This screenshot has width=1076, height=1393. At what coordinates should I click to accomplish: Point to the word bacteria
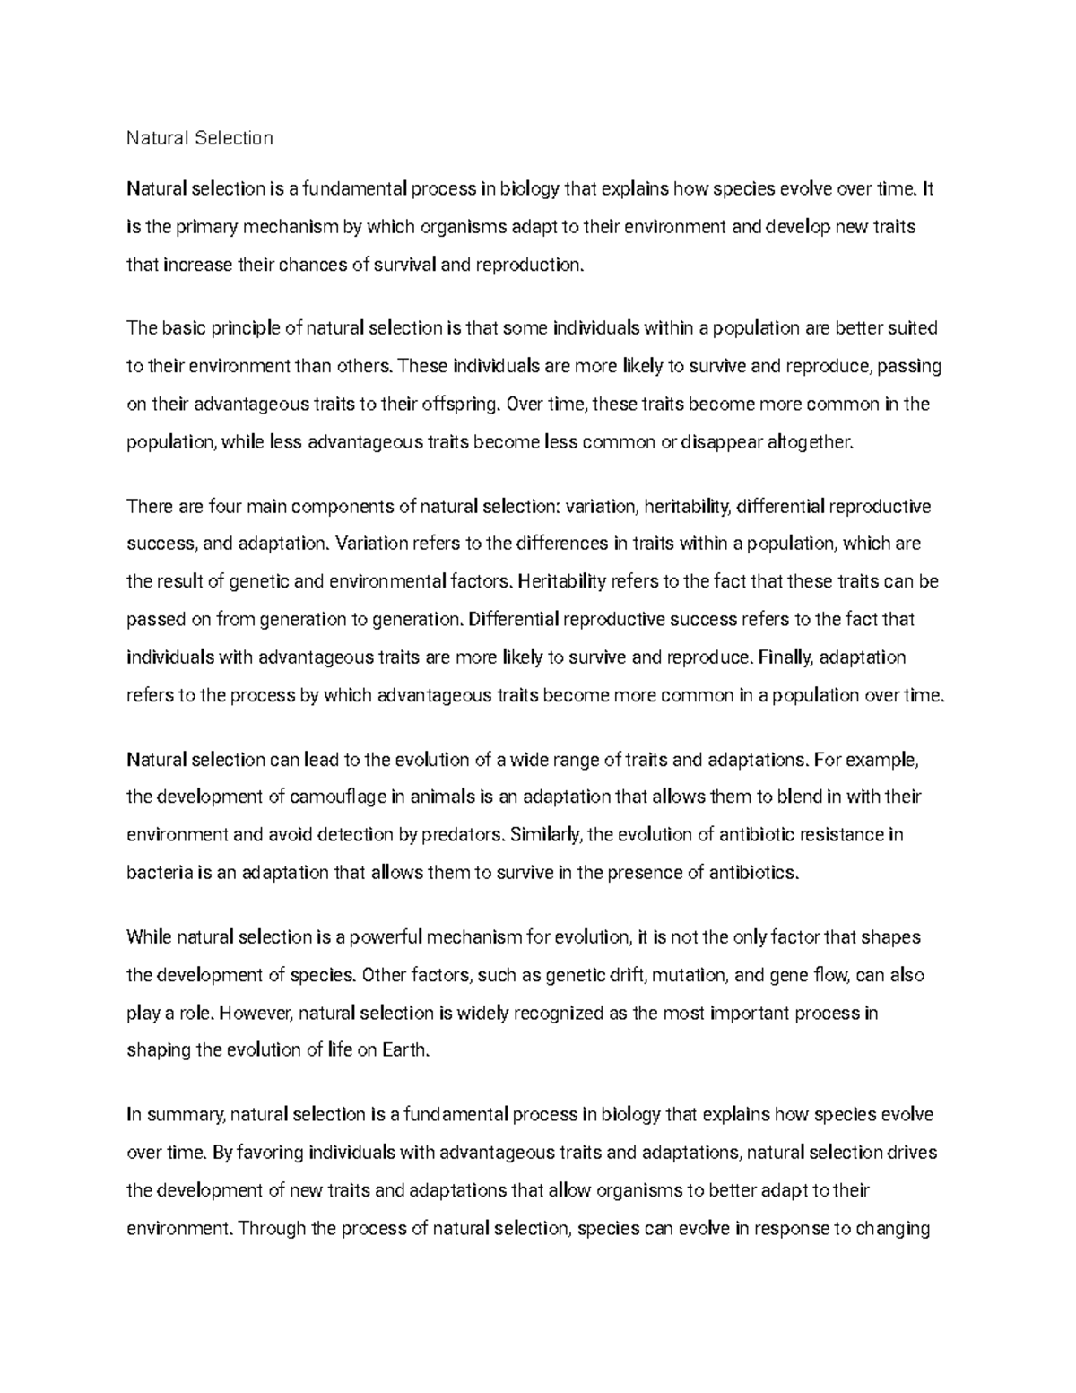[x=159, y=873]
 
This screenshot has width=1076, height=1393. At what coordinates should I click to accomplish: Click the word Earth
[x=406, y=1051]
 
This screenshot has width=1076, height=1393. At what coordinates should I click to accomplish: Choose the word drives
[x=912, y=1153]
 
